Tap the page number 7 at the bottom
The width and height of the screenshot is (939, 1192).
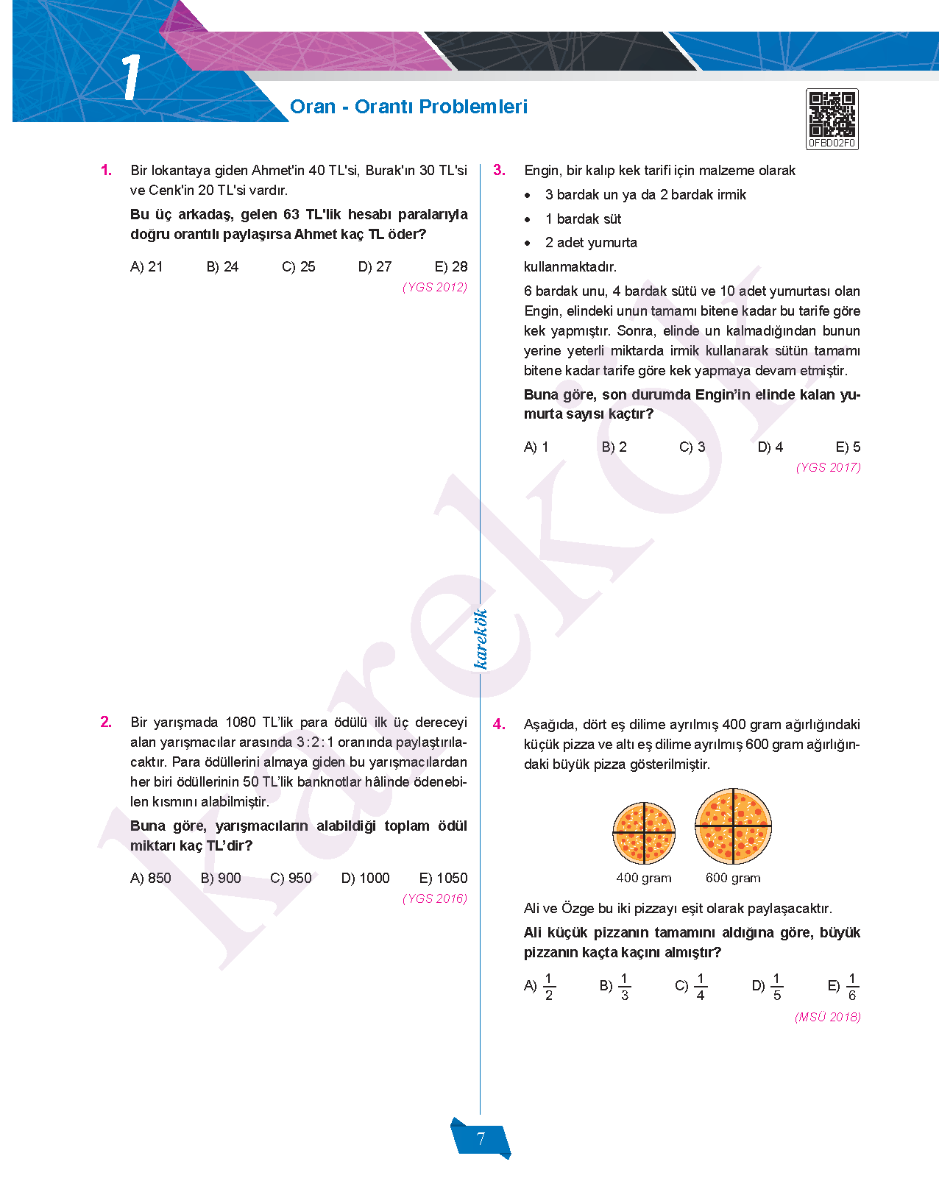pyautogui.click(x=481, y=1139)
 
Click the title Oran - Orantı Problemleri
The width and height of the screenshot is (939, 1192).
pyautogui.click(x=408, y=107)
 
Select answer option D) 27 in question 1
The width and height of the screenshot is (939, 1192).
pyautogui.click(x=375, y=266)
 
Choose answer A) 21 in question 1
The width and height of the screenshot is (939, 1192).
pyautogui.click(x=146, y=266)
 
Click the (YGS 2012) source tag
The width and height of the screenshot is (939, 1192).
pyautogui.click(x=434, y=287)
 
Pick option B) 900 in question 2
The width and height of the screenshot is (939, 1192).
pyautogui.click(x=221, y=878)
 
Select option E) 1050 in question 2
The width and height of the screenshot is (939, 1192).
pyautogui.click(x=443, y=878)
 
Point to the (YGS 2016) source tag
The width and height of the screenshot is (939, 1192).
pyautogui.click(x=434, y=898)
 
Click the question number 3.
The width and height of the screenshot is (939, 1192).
pyautogui.click(x=499, y=170)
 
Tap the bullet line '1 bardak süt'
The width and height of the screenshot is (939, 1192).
pyautogui.click(x=583, y=219)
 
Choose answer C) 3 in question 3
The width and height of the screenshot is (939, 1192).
pyautogui.click(x=692, y=447)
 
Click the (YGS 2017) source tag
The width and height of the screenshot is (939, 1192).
pyautogui.click(x=828, y=467)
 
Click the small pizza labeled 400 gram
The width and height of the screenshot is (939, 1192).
pyautogui.click(x=644, y=833)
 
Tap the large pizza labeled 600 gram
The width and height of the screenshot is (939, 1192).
pyautogui.click(x=733, y=826)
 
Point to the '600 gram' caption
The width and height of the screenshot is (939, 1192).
pyautogui.click(x=733, y=878)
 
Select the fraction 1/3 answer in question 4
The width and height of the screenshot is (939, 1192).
pyautogui.click(x=617, y=987)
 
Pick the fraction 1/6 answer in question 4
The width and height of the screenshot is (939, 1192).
pyautogui.click(x=844, y=987)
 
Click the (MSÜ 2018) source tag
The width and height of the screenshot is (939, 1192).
pyautogui.click(x=827, y=1017)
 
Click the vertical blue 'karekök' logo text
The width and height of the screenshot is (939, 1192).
pyautogui.click(x=481, y=639)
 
